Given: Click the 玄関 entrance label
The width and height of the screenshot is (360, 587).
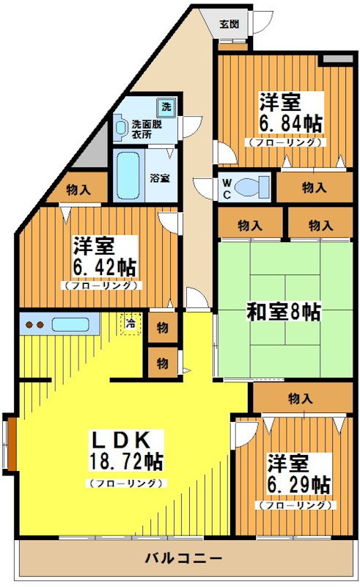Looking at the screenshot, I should click(x=229, y=23).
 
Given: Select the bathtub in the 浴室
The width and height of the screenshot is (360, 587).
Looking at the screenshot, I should click(x=128, y=175).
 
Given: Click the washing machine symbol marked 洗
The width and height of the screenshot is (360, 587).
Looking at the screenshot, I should click(x=166, y=107).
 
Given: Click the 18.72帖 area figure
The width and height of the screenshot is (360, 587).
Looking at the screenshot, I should click(x=126, y=462).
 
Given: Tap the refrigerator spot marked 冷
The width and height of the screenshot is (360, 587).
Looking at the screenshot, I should click(x=131, y=323).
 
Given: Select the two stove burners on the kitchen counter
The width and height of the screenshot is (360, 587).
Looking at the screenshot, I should click(x=34, y=324).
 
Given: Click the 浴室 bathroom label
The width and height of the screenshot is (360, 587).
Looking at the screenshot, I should click(x=159, y=178).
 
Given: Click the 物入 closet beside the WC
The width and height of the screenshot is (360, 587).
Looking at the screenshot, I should click(x=313, y=188).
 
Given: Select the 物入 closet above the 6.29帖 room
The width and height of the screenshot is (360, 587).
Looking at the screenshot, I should click(x=300, y=399).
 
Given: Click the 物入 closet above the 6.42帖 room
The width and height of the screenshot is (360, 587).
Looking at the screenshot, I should click(x=78, y=189).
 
